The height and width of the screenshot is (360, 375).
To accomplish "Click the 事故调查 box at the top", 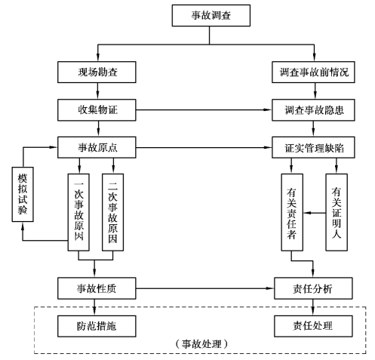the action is (x=211, y=15).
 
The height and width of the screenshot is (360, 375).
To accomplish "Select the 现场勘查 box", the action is (x=97, y=72).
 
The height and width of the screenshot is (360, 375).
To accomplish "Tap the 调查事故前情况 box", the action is (x=313, y=72).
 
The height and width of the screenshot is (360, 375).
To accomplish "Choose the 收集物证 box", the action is (x=97, y=110).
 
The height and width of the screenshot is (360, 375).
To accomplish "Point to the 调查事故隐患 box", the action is (x=313, y=110).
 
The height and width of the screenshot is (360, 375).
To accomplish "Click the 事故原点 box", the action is (x=97, y=147).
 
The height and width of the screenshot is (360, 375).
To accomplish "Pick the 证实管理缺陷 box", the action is (x=313, y=147).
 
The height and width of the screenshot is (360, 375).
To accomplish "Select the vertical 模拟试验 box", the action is (x=23, y=194).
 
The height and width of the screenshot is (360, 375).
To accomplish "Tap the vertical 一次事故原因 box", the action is (x=78, y=212).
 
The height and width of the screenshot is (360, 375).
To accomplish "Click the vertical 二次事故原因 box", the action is (x=112, y=212).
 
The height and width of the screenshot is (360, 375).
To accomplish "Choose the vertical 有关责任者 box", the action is (x=292, y=212).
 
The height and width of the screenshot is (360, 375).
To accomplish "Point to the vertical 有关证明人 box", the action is (x=337, y=212).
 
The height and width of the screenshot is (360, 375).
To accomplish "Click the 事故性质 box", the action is (x=97, y=288).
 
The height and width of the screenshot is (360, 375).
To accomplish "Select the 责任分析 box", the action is (x=313, y=288).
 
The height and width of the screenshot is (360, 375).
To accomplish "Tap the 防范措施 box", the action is (x=97, y=326).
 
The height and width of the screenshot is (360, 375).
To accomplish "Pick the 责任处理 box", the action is (x=313, y=326).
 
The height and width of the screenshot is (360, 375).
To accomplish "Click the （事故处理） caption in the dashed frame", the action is (x=201, y=344).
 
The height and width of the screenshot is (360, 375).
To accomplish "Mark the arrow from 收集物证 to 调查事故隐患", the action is (x=204, y=110).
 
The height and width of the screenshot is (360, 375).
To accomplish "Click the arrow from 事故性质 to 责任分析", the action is (x=205, y=288).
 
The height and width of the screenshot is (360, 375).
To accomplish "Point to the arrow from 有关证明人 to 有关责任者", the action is (x=315, y=213).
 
